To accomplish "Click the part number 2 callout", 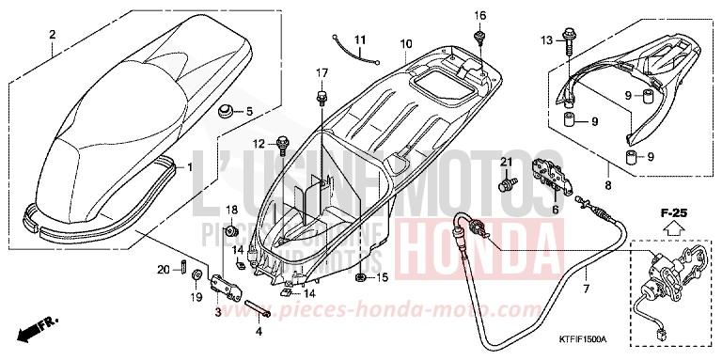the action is pos(53,35).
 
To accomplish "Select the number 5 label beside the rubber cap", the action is pos(249,112).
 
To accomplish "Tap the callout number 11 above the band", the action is pos(359,38).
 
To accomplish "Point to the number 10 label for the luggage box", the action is pos(406,44).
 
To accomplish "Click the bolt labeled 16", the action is pos(480,37).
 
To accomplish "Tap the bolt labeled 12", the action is pos(282,143).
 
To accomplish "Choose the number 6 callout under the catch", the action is pos(554,210).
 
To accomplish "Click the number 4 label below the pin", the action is pos(260,331).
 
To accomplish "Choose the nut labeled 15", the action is pos(360,277).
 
